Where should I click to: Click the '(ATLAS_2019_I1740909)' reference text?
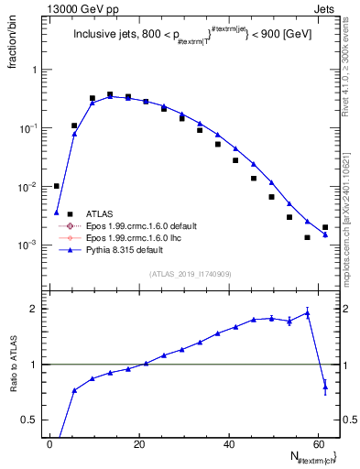190,274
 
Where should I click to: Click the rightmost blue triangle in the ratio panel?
325,387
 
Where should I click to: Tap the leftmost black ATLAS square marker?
56,186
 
